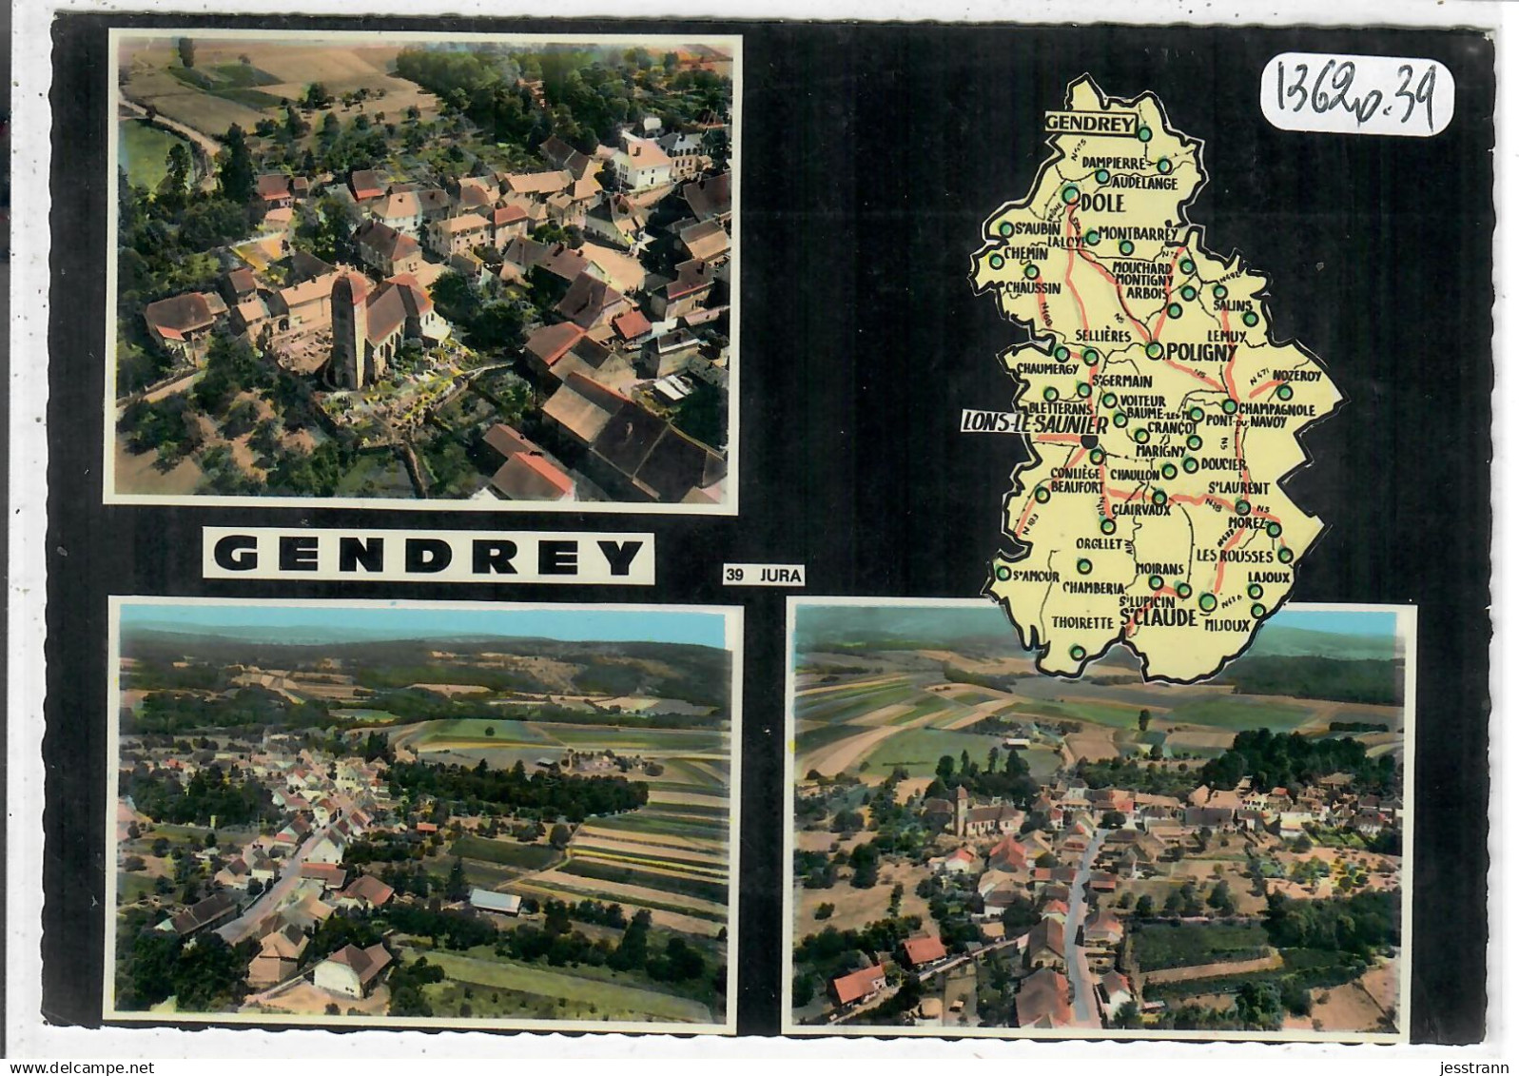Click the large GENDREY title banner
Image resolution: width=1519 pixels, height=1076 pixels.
coord(427,556)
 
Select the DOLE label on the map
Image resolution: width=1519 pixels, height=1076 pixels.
coord(1102,203)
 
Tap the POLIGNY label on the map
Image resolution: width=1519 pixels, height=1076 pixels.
coord(1199,352)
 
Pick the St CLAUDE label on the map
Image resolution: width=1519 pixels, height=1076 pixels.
coord(1158,616)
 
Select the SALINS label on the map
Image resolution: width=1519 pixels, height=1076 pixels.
coord(1232,304)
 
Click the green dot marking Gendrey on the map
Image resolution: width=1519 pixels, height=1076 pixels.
coord(1144,134)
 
